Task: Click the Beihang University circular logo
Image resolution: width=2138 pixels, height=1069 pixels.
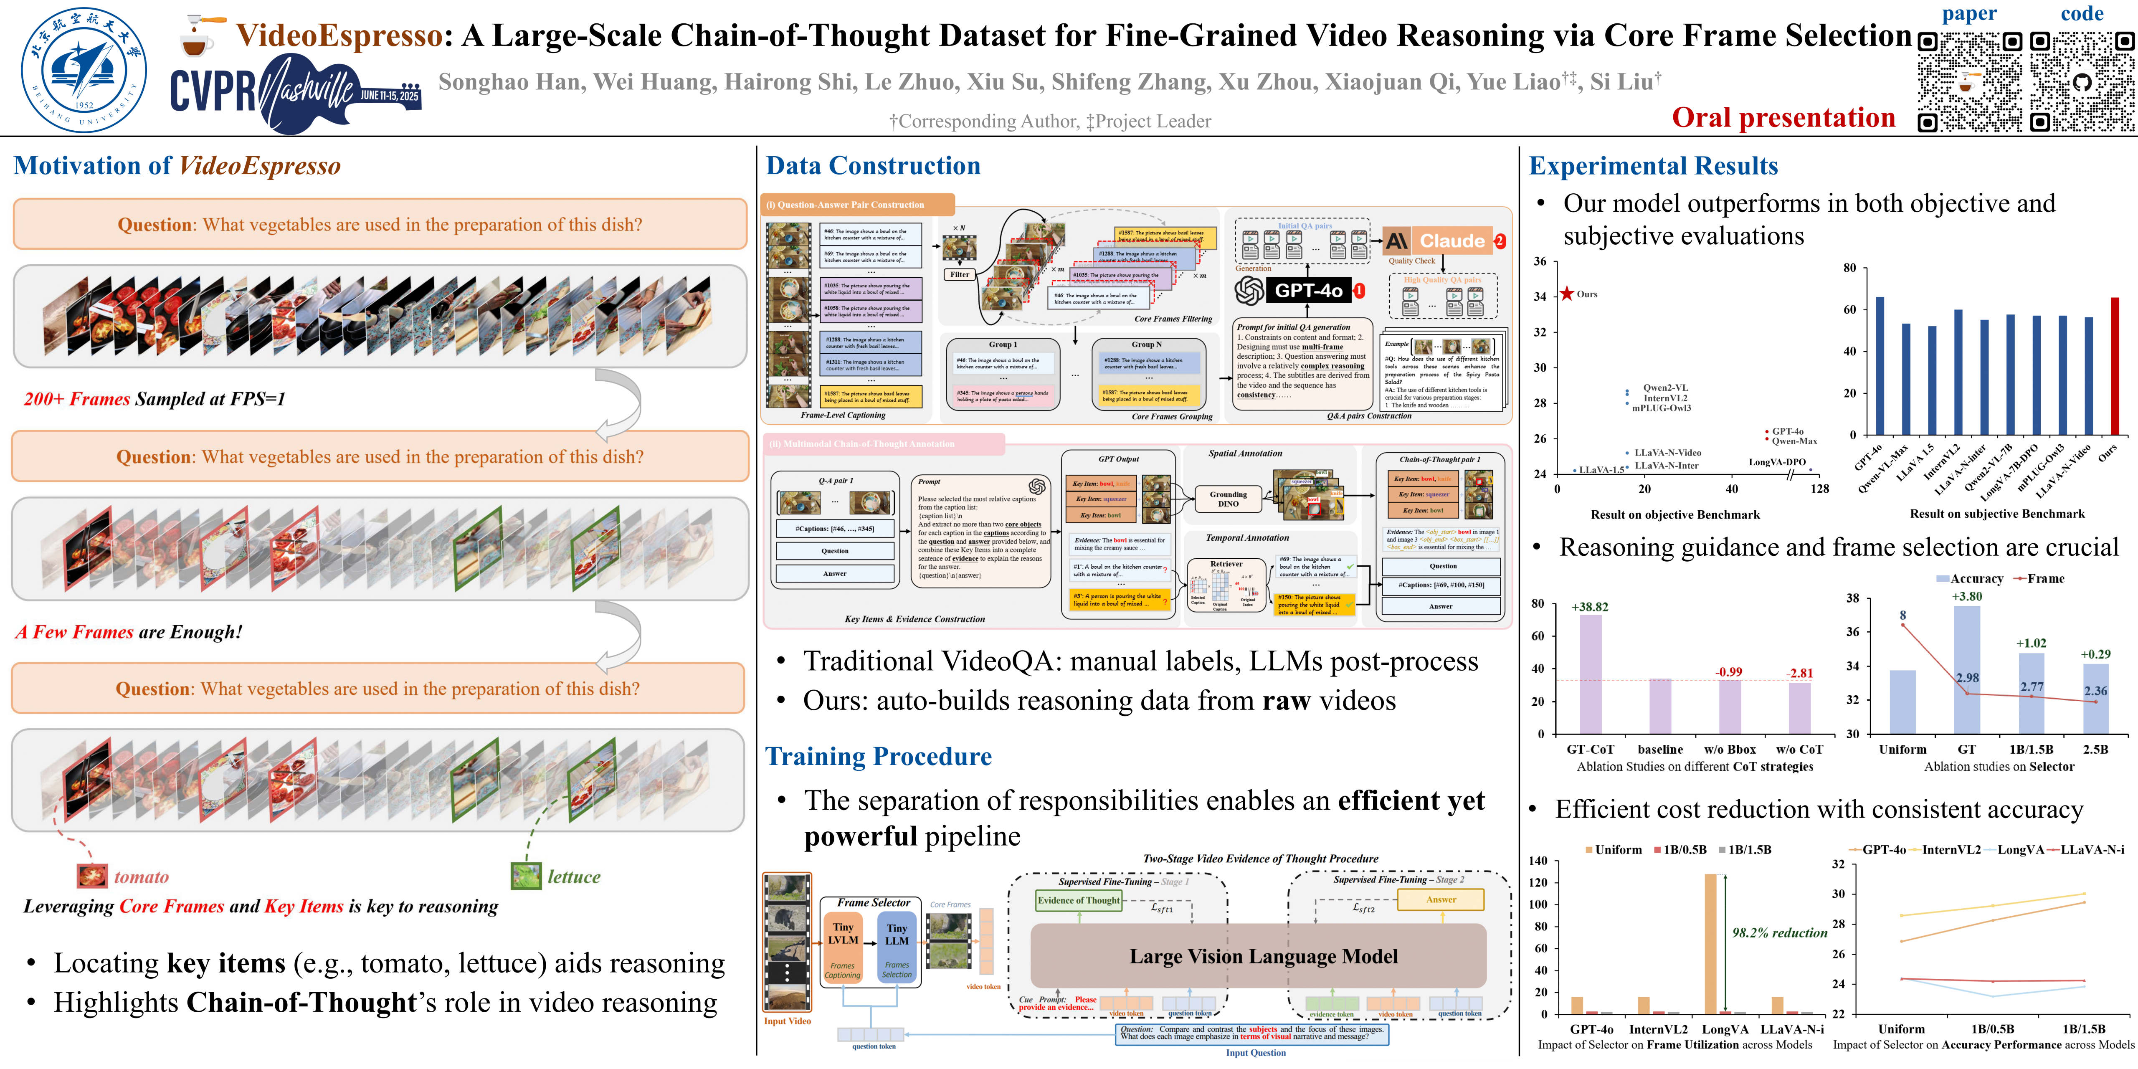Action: (84, 70)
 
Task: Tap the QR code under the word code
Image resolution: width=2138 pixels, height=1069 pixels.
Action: (2082, 81)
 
